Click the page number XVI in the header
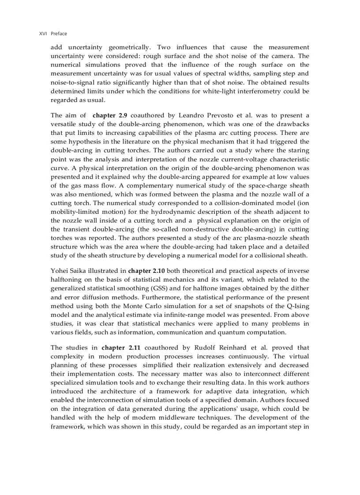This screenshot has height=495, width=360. click(43, 33)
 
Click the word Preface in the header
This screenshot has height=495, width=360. click(59, 33)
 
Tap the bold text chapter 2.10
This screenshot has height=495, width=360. click(146, 271)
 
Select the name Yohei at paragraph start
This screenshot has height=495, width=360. click(60, 271)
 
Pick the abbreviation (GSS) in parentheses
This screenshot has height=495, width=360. click(161, 288)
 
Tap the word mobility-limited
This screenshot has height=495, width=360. click(74, 212)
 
